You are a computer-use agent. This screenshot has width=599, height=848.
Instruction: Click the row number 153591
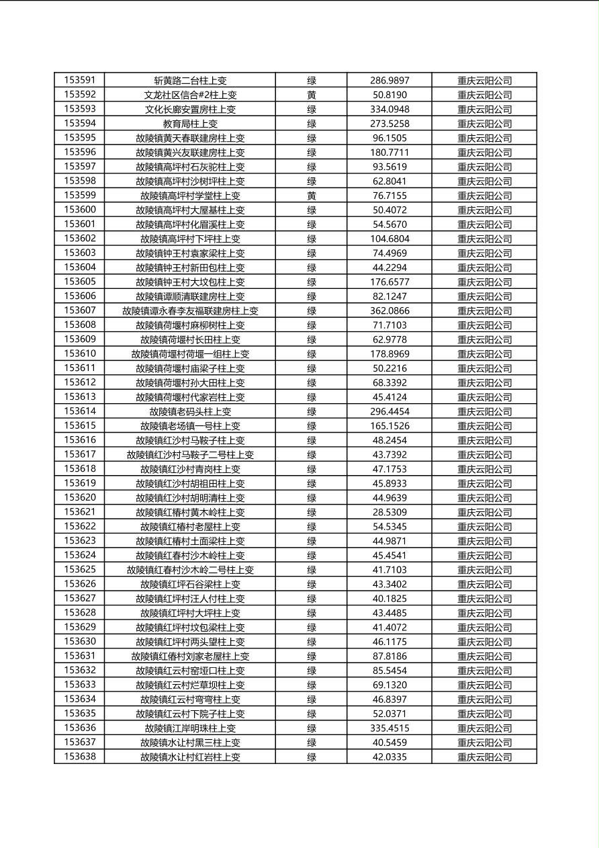click(79, 80)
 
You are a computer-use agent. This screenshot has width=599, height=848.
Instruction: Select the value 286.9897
click(389, 81)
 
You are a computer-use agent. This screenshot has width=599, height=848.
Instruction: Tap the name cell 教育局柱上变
click(190, 124)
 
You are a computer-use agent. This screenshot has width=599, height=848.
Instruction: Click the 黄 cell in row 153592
click(312, 95)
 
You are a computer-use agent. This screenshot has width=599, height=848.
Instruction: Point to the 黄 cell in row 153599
click(312, 196)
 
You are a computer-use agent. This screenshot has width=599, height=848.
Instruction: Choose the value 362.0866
click(389, 310)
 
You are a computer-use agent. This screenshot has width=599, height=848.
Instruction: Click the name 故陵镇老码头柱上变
click(190, 411)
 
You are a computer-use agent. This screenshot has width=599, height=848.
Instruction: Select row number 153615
click(79, 425)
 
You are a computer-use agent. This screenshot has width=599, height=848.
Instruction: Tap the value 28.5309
click(389, 512)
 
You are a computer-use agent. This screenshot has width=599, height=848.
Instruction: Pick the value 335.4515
click(389, 728)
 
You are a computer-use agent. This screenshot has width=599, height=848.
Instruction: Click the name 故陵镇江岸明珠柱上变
click(190, 728)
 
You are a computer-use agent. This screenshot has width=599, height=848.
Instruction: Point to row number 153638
click(79, 757)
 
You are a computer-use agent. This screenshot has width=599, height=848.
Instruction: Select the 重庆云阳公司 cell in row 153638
click(484, 757)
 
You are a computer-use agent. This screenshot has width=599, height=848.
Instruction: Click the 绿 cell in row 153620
click(312, 498)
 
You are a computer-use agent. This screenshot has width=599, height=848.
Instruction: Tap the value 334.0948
click(389, 109)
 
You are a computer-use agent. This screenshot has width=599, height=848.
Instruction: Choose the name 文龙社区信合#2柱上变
click(190, 95)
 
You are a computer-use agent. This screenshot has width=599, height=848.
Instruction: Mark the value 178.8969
click(389, 353)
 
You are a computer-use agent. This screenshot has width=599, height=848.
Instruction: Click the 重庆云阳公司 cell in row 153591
click(484, 81)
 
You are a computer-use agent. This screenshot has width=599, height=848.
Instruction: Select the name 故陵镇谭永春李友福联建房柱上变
click(190, 310)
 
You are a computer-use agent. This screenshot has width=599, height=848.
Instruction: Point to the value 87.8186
click(389, 656)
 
